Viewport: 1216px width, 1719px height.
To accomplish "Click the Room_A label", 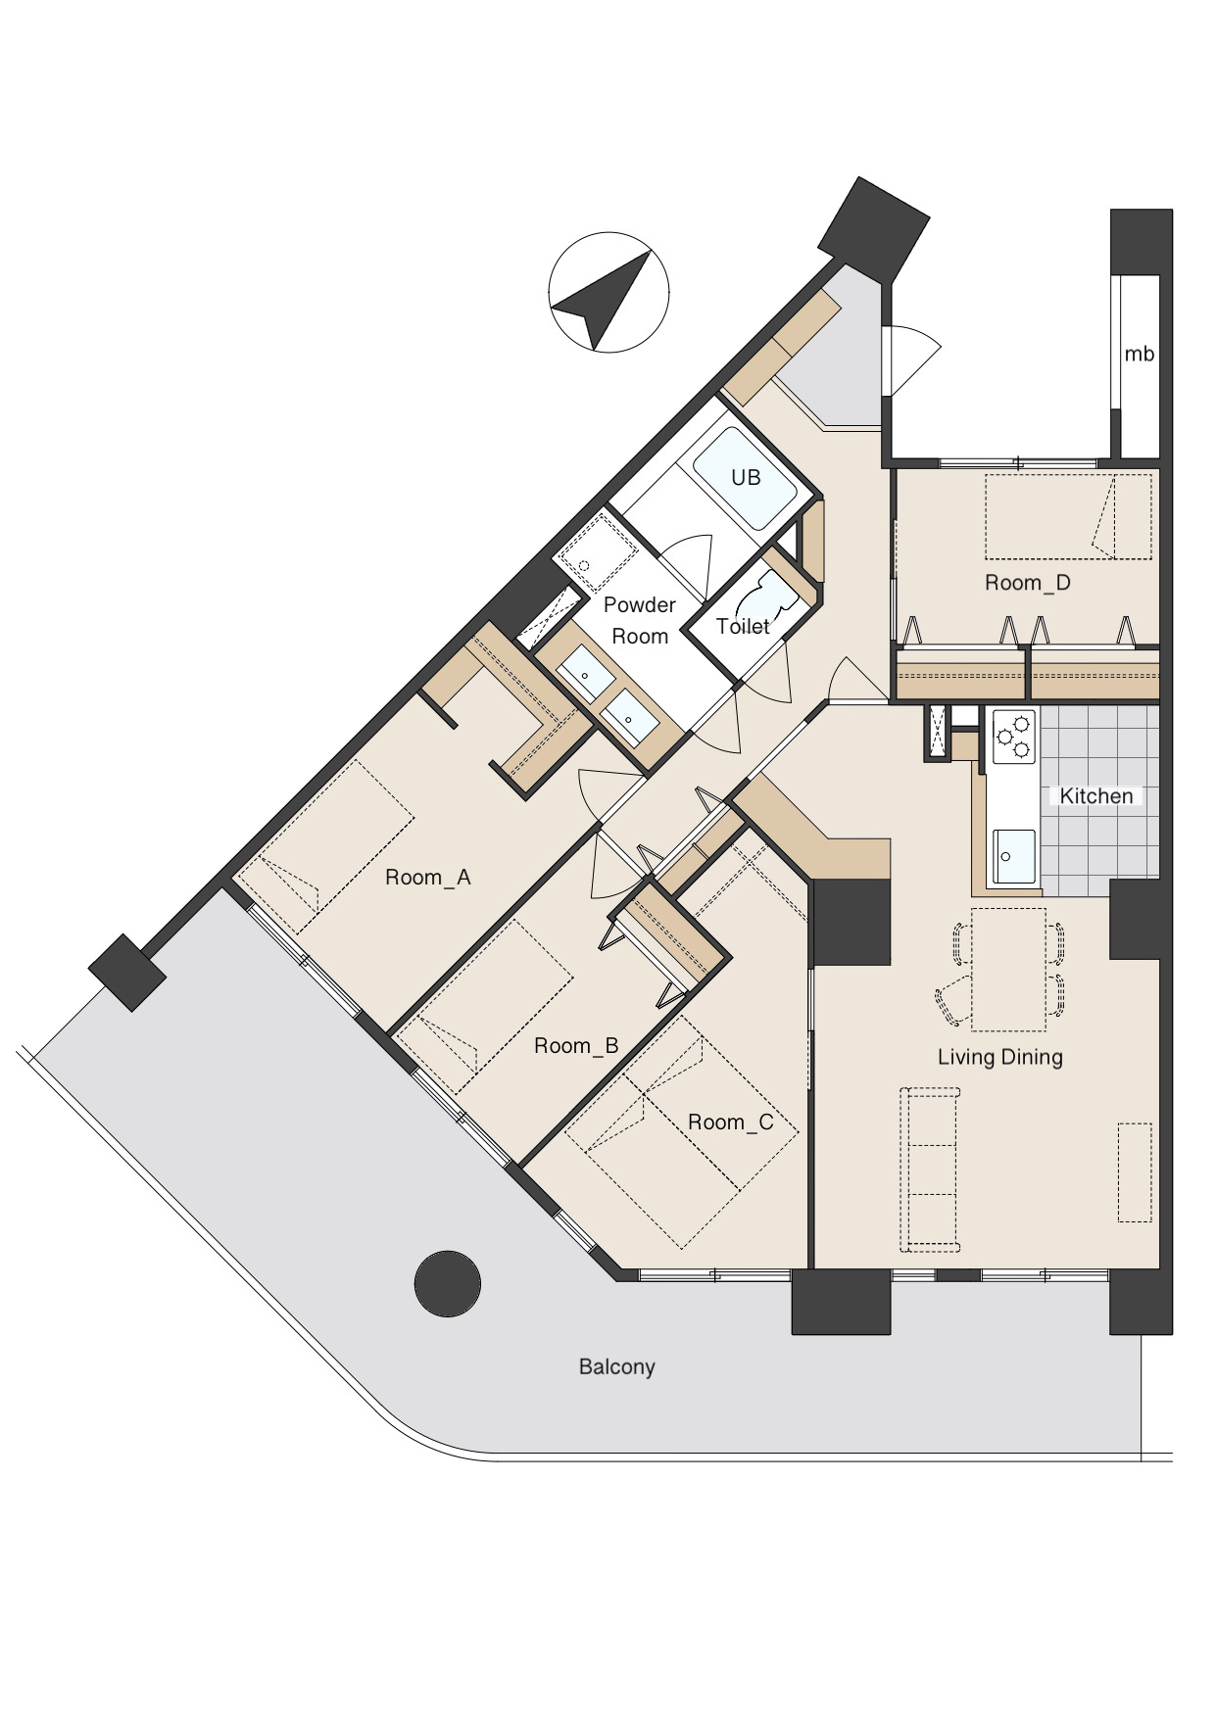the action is point(427,878).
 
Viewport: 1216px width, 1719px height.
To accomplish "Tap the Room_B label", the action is point(576,1046).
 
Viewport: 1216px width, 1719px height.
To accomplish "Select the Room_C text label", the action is point(730,1122).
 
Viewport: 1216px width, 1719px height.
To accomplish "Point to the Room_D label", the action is point(1027,583).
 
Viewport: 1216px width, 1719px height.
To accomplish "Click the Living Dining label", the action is point(999,1057).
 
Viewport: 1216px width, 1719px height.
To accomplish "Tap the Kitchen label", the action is point(1095,796).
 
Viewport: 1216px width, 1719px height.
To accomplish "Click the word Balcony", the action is point(616,1367).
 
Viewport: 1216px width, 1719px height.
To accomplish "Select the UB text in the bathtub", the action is point(746,477).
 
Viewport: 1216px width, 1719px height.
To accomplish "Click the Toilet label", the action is point(743,626).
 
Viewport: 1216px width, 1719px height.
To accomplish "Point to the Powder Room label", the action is point(639,620).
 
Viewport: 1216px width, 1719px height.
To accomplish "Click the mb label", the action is point(1139,355).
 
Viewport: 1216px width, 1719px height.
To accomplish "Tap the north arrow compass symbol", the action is point(608,292).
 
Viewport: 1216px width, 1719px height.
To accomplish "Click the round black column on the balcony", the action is point(448,1283).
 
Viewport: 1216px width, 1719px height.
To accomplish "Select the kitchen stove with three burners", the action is point(1013,737).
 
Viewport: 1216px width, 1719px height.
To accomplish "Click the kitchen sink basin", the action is point(1013,856).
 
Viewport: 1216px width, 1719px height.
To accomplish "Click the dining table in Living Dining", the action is point(1008,970).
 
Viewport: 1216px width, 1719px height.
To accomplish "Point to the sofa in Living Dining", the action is point(930,1170).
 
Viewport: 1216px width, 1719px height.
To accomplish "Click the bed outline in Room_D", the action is point(1068,517).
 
